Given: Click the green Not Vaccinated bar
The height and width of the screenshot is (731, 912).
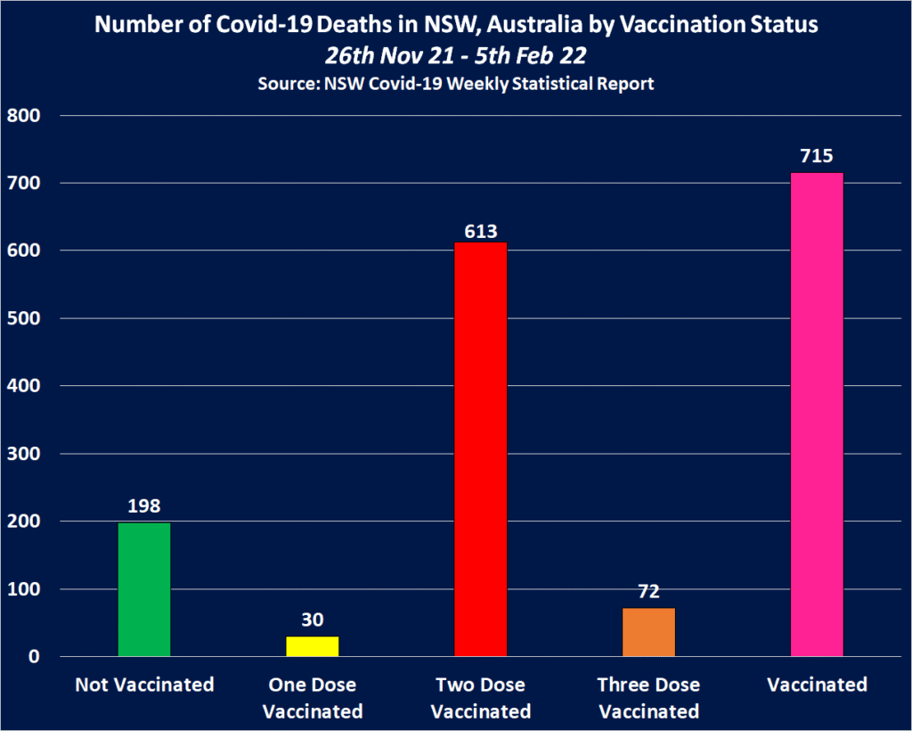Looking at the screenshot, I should tap(144, 589).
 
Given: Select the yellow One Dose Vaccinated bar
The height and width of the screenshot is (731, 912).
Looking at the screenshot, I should tap(312, 646).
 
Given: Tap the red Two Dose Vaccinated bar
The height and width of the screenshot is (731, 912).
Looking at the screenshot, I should tap(481, 449).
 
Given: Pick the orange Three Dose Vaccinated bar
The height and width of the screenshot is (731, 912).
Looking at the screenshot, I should tap(649, 632).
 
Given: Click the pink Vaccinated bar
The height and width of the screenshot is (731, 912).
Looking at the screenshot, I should tap(817, 415).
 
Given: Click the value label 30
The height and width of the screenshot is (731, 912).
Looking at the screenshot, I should tap(312, 620).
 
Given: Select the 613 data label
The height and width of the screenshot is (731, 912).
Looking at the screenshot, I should tap(481, 231).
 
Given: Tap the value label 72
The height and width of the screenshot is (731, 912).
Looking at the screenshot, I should tap(649, 592).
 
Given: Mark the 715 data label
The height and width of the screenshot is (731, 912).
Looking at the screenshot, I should tap(817, 157).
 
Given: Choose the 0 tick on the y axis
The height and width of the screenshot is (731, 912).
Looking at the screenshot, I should tap(34, 657).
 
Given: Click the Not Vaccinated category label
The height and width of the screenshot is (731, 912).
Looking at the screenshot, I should tap(144, 685).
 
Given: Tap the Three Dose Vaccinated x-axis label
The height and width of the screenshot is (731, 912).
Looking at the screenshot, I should tap(649, 698).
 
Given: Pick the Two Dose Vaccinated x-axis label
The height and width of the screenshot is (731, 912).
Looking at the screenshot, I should tap(481, 698).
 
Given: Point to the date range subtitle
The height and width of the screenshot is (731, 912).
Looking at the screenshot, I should tap(456, 55).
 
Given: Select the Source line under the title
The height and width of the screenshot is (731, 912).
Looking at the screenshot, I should tap(456, 85).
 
